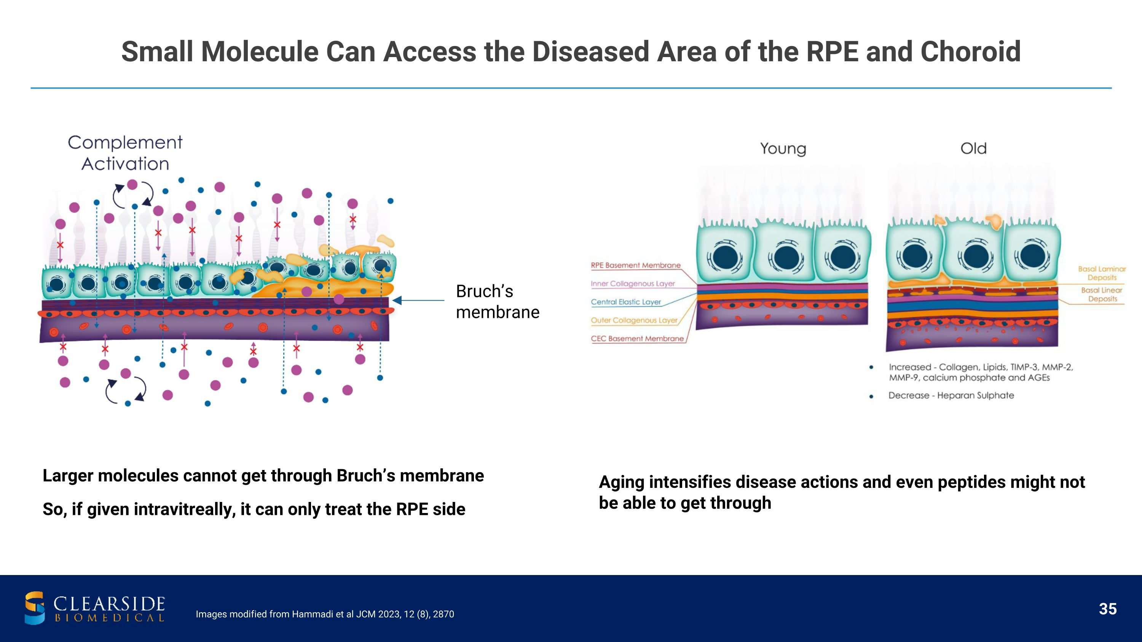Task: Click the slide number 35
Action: [1107, 609]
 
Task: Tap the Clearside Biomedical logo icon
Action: [35, 607]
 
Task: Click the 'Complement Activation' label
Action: [125, 153]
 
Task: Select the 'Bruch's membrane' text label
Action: [498, 302]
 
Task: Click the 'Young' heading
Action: [783, 148]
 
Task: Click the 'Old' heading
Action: [973, 148]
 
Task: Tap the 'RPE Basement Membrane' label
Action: [635, 265]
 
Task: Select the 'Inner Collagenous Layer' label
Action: [633, 284]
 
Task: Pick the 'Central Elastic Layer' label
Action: [625, 302]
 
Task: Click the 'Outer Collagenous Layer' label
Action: [634, 320]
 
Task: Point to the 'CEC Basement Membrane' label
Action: [637, 338]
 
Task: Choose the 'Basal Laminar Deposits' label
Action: [1102, 273]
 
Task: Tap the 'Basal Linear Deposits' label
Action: [1102, 294]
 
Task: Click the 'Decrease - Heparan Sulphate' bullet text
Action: [951, 395]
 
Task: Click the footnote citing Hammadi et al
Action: [325, 614]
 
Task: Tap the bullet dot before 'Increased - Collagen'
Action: [871, 367]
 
